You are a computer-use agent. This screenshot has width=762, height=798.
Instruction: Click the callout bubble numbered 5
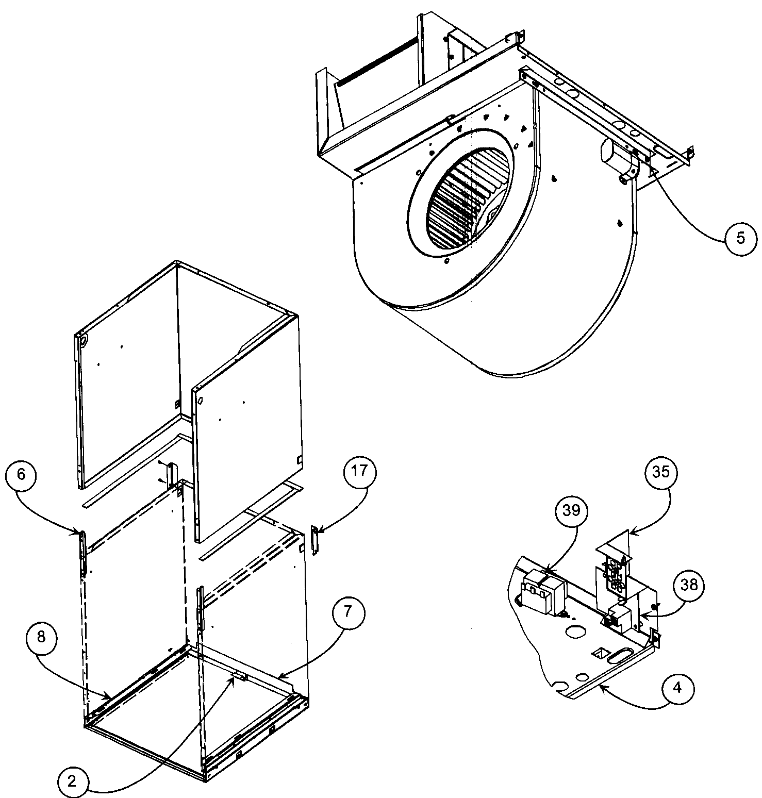click(740, 238)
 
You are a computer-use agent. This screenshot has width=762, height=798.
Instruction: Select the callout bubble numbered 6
click(21, 474)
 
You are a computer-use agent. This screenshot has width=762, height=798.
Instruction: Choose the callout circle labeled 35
click(661, 472)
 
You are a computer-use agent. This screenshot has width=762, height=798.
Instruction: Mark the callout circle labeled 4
click(677, 688)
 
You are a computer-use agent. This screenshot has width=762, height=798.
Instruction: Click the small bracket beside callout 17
click(314, 540)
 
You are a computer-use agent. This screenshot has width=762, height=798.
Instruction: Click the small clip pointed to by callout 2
click(238, 677)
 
